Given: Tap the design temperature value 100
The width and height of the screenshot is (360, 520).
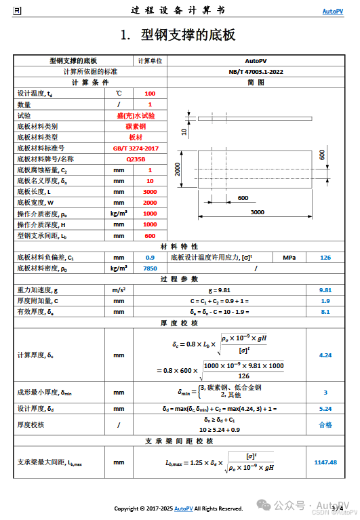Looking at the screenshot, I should click(x=150, y=94).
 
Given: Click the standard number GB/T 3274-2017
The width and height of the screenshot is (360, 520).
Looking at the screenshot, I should click(x=136, y=148).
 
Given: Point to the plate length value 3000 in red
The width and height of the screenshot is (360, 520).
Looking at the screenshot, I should click(x=150, y=192).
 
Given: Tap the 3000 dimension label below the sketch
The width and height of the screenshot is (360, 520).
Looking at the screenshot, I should click(x=258, y=212).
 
